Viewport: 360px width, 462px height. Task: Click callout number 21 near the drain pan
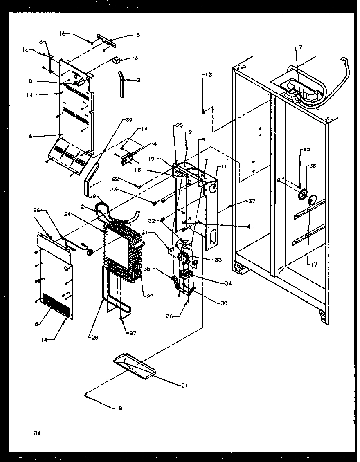pyautogui.click(x=184, y=385)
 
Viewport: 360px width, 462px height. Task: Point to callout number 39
pyautogui.click(x=129, y=120)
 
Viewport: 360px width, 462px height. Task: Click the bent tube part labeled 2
pyautogui.click(x=122, y=85)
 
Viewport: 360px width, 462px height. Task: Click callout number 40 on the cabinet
pyautogui.click(x=306, y=150)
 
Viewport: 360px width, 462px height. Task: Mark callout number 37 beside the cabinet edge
pyautogui.click(x=252, y=201)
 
